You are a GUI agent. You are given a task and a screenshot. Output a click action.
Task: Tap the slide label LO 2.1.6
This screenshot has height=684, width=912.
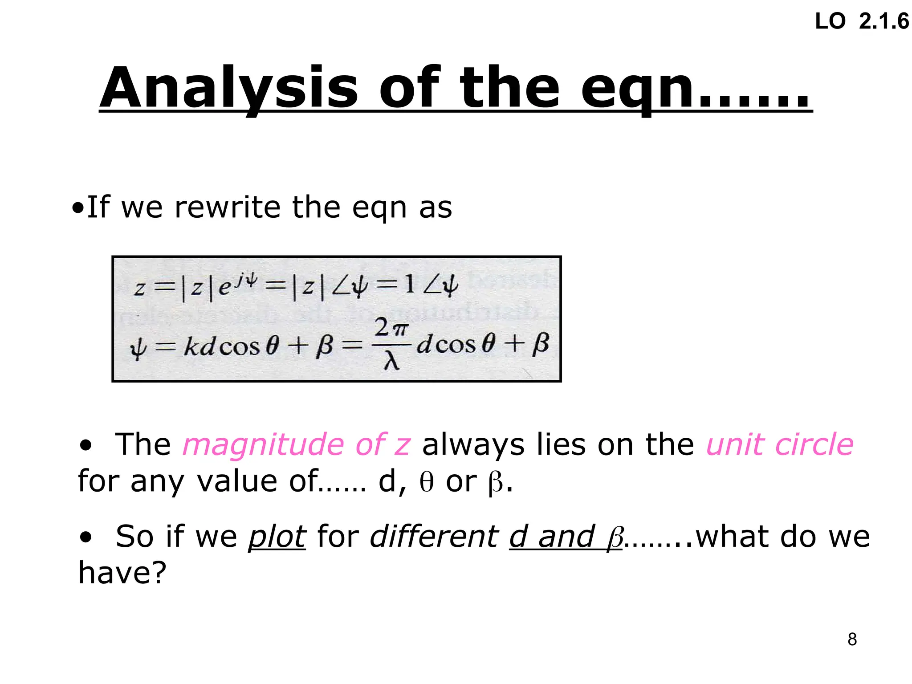click(x=862, y=21)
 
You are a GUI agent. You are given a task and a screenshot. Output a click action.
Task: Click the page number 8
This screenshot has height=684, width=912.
click(x=852, y=639)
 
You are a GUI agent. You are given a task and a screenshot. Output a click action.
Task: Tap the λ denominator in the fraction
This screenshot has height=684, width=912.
click(x=391, y=362)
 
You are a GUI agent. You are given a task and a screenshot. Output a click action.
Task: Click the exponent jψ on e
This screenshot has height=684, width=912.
click(x=247, y=280)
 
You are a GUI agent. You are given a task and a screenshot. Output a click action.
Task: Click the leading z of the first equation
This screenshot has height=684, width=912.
click(x=139, y=289)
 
